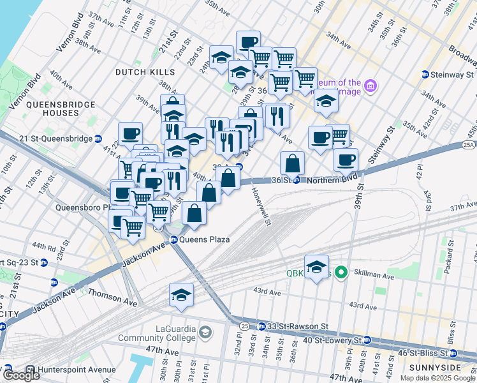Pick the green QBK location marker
coord(341,273)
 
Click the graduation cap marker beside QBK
coord(316,267)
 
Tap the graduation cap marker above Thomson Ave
coord(181,295)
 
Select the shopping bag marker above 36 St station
coord(292,163)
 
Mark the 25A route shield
coord(468,146)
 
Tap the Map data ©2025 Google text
coord(437,378)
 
